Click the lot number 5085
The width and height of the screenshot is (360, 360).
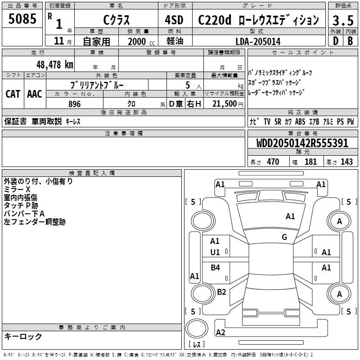pos(22,19)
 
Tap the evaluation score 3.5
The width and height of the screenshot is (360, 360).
pos(342,20)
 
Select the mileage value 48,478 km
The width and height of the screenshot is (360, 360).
pos(55,64)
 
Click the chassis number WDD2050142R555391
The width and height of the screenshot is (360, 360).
pos(302,144)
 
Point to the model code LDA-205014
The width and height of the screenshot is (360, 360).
pos(258,41)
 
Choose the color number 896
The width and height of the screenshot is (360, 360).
pos(74,104)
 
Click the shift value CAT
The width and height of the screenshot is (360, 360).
pos(13,94)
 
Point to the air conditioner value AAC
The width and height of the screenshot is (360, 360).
pos(34,94)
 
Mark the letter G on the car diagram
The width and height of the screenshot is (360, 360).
pos(284,237)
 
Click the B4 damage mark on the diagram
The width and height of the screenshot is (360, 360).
pos(216,268)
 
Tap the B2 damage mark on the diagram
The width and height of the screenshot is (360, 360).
pos(221,292)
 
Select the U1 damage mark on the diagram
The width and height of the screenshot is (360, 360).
pos(215,252)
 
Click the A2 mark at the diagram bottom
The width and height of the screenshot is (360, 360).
pos(220,333)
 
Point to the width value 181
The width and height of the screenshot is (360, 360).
pos(311,162)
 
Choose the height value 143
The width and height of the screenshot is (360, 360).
pos(347,162)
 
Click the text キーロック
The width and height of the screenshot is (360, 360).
pos(23,336)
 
